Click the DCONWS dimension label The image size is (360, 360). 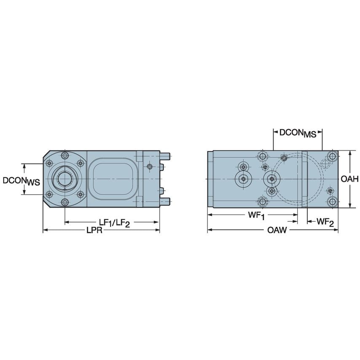point(21,181)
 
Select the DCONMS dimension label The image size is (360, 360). point(298,133)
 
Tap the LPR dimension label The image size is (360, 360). point(94,230)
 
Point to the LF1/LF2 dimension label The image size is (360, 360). point(114,223)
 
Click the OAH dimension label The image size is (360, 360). point(349,179)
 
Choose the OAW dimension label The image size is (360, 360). point(277,230)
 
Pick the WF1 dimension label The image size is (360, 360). point(256,215)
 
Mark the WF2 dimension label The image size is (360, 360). point(325,222)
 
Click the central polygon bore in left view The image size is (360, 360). point(65,178)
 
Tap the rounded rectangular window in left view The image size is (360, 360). point(114,178)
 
